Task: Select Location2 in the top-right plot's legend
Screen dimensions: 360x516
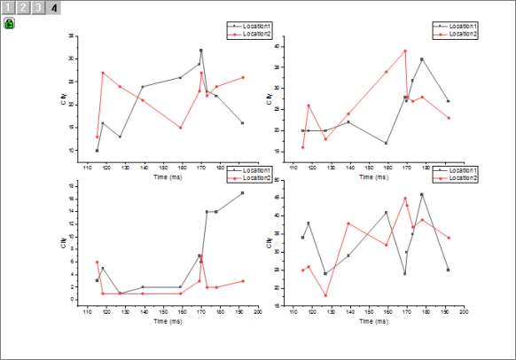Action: tap(463, 34)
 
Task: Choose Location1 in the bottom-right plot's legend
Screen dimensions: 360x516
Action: tap(463, 171)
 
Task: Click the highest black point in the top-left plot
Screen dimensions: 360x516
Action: tap(201, 51)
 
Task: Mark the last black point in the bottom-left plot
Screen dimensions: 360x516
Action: tap(242, 192)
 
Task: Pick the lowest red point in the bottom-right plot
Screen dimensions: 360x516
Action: tap(325, 295)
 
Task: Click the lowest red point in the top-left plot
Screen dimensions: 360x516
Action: tap(97, 137)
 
